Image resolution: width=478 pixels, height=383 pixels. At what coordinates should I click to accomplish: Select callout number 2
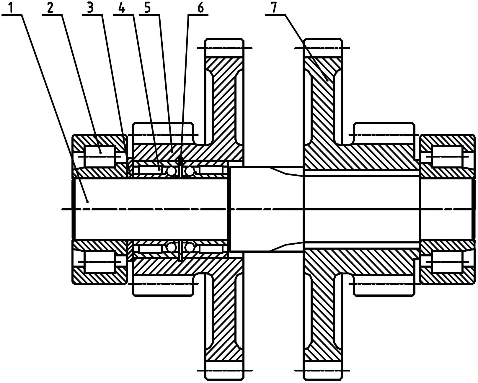tap(50, 8)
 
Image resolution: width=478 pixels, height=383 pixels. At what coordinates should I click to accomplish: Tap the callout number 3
tap(90, 8)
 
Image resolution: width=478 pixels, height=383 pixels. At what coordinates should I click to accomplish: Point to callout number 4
tap(122, 8)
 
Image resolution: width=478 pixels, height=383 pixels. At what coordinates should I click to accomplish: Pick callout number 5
tap(148, 8)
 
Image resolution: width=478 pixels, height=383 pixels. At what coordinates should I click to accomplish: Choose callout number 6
tap(200, 8)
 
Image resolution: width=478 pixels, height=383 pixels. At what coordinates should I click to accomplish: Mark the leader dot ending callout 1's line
tap(88, 202)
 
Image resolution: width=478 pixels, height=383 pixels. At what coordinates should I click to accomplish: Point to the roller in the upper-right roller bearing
tap(447, 156)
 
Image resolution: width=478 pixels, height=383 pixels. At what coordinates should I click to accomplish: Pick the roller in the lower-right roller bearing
tap(447, 261)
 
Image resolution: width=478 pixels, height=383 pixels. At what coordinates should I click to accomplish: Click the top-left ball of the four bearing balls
tap(172, 171)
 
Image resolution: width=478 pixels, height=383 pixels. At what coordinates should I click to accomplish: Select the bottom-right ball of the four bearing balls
tap(189, 247)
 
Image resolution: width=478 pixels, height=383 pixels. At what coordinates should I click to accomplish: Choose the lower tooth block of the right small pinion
tap(384, 285)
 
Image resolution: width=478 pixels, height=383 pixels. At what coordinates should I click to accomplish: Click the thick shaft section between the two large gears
tap(267, 209)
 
